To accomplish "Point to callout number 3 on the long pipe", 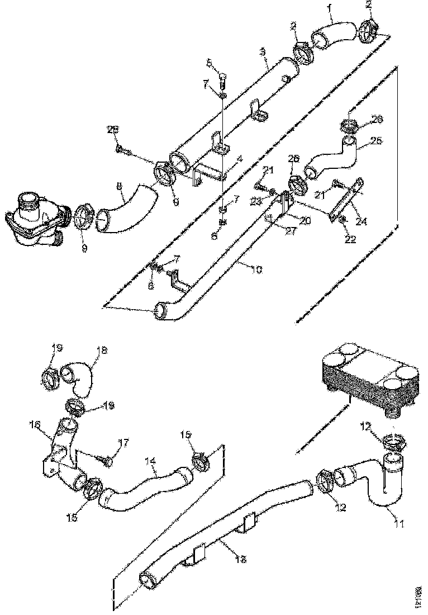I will pyautogui.click(x=263, y=51).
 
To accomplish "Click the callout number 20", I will pyautogui.click(x=305, y=221).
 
